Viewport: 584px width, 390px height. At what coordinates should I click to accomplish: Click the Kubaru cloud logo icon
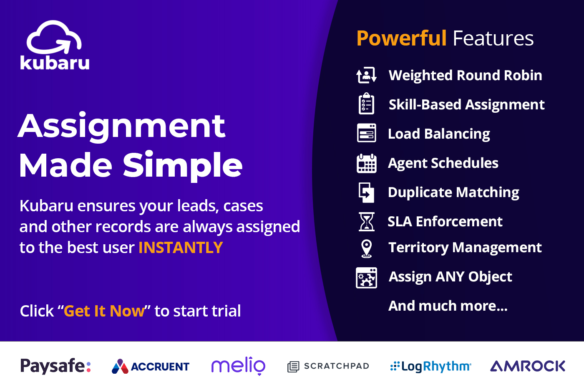point(54,38)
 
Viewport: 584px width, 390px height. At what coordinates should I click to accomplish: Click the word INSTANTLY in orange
point(181,248)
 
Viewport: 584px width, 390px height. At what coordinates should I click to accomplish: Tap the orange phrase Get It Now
point(104,311)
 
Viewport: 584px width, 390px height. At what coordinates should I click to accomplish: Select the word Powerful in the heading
point(401,38)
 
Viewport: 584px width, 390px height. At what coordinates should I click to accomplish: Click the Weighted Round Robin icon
point(366,75)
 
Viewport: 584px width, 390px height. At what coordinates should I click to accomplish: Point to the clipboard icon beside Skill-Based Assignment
point(366,104)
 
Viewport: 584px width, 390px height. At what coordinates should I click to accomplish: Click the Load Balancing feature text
point(439,134)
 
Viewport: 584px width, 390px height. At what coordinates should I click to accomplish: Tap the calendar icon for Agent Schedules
point(366,163)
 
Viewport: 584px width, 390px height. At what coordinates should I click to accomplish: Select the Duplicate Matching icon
point(366,192)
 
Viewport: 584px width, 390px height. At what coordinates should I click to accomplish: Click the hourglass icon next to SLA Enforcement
point(366,221)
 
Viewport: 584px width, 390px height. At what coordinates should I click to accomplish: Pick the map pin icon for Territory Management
point(366,248)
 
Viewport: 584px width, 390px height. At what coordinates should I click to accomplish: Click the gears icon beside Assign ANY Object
point(366,278)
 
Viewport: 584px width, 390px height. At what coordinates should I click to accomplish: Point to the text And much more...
point(448,306)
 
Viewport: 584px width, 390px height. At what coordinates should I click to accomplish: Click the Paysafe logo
point(55,366)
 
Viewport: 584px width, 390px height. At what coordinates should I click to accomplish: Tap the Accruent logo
point(151,367)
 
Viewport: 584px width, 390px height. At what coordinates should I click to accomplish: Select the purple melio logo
point(238,366)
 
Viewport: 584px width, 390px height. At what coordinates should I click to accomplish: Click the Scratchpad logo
point(328,366)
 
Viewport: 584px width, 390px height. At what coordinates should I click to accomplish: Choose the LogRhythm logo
point(430,367)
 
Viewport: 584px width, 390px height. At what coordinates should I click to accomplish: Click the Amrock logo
point(528,366)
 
